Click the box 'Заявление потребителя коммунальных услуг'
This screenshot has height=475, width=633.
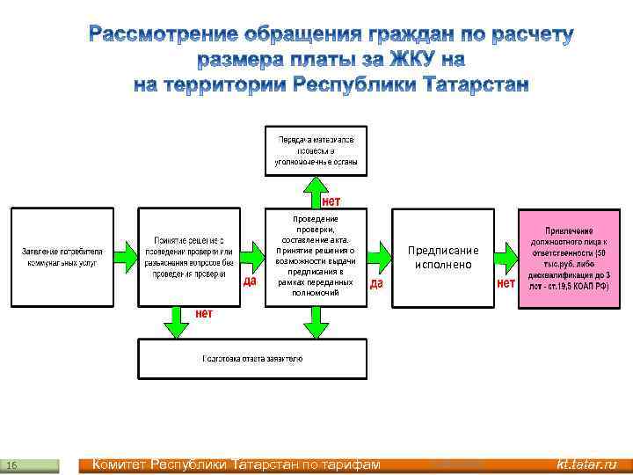62,257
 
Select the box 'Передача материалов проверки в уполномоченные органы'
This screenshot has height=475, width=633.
316,150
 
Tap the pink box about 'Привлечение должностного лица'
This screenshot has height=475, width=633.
569,257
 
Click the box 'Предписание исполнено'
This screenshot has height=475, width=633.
443,258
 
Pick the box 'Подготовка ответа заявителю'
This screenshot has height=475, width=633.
252,359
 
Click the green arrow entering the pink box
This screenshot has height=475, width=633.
506,257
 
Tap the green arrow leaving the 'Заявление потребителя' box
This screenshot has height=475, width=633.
127,257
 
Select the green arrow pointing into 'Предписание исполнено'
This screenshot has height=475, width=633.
379,257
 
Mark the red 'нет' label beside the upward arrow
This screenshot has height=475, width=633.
330,201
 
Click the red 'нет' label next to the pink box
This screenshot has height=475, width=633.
506,283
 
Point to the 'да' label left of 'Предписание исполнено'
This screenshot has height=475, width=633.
376,283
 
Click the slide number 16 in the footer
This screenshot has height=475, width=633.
11,464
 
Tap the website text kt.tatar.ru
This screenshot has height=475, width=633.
586,464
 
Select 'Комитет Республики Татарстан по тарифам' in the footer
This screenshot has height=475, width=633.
236,464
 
